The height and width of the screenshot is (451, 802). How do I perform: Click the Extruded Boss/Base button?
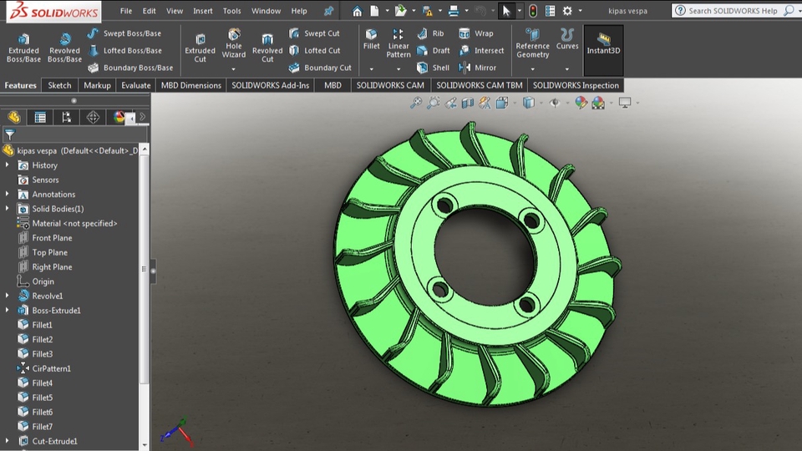pyautogui.click(x=23, y=48)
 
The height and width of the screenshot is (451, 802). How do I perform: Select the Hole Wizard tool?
pyautogui.click(x=234, y=45)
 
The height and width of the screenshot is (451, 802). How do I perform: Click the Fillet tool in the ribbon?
pyautogui.click(x=372, y=39)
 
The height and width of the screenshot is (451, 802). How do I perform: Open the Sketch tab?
pyautogui.click(x=59, y=85)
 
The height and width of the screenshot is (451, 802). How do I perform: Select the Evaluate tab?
pyautogui.click(x=135, y=85)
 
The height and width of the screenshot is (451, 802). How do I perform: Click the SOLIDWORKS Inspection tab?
pyautogui.click(x=576, y=85)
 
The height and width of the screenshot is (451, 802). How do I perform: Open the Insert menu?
pyautogui.click(x=203, y=11)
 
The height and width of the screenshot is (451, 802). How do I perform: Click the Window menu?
pyautogui.click(x=266, y=11)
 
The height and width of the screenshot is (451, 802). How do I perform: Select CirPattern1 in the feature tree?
pyautogui.click(x=51, y=368)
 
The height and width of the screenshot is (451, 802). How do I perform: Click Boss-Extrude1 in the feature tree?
pyautogui.click(x=56, y=311)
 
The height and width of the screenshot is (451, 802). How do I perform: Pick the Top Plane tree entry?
pyautogui.click(x=49, y=252)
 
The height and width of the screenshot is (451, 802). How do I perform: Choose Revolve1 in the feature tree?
pyautogui.click(x=47, y=296)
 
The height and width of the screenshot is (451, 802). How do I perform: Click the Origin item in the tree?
pyautogui.click(x=43, y=281)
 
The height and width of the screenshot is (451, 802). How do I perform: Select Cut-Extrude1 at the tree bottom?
pyautogui.click(x=54, y=441)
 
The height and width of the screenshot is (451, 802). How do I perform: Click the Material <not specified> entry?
pyautogui.click(x=74, y=223)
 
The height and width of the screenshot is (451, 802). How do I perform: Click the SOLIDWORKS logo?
pyautogui.click(x=52, y=12)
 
